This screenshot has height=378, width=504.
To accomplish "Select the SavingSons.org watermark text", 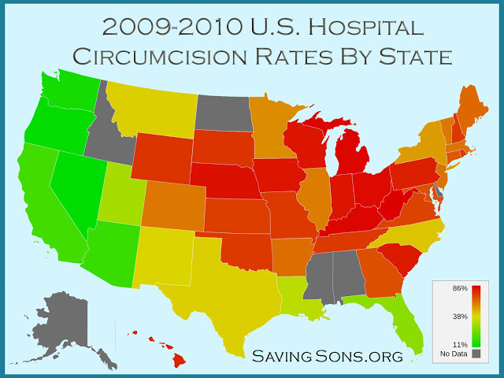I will coord(327,356).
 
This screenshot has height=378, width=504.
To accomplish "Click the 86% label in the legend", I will coord(460,289).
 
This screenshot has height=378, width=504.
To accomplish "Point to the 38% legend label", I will coord(460,317).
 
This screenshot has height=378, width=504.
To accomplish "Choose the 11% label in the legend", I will coord(460,344).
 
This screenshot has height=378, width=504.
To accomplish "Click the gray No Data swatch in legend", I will coord(476,354).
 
